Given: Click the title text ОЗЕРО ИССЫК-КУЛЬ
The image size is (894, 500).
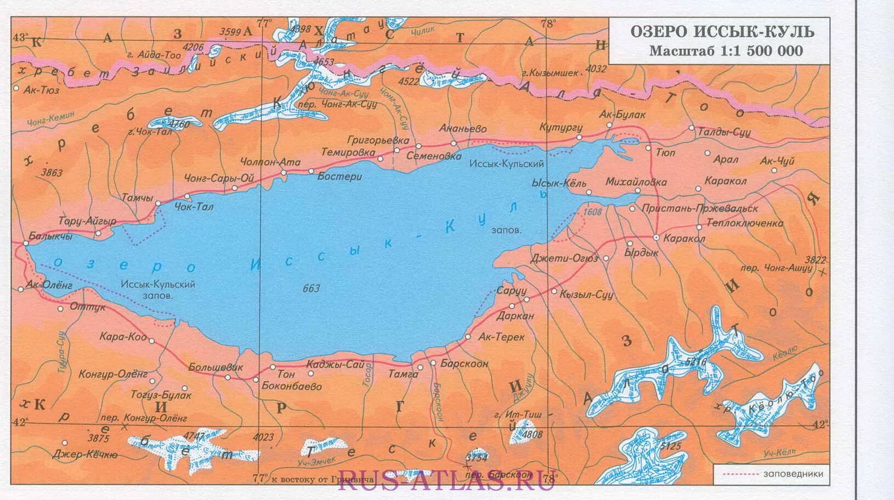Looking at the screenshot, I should point(722,31).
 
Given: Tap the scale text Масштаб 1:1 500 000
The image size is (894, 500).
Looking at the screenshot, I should point(726,51).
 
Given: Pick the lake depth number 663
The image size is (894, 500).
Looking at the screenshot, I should point(311,288).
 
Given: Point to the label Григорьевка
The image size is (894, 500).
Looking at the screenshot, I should point(378,140).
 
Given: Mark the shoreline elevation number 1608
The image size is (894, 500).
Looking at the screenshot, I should point(592,212).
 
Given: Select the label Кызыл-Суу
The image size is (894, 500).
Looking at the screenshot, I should point(586,294).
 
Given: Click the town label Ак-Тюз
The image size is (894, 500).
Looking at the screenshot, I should point(42,90).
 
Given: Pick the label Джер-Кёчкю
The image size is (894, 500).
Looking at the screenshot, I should point(84,454).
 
